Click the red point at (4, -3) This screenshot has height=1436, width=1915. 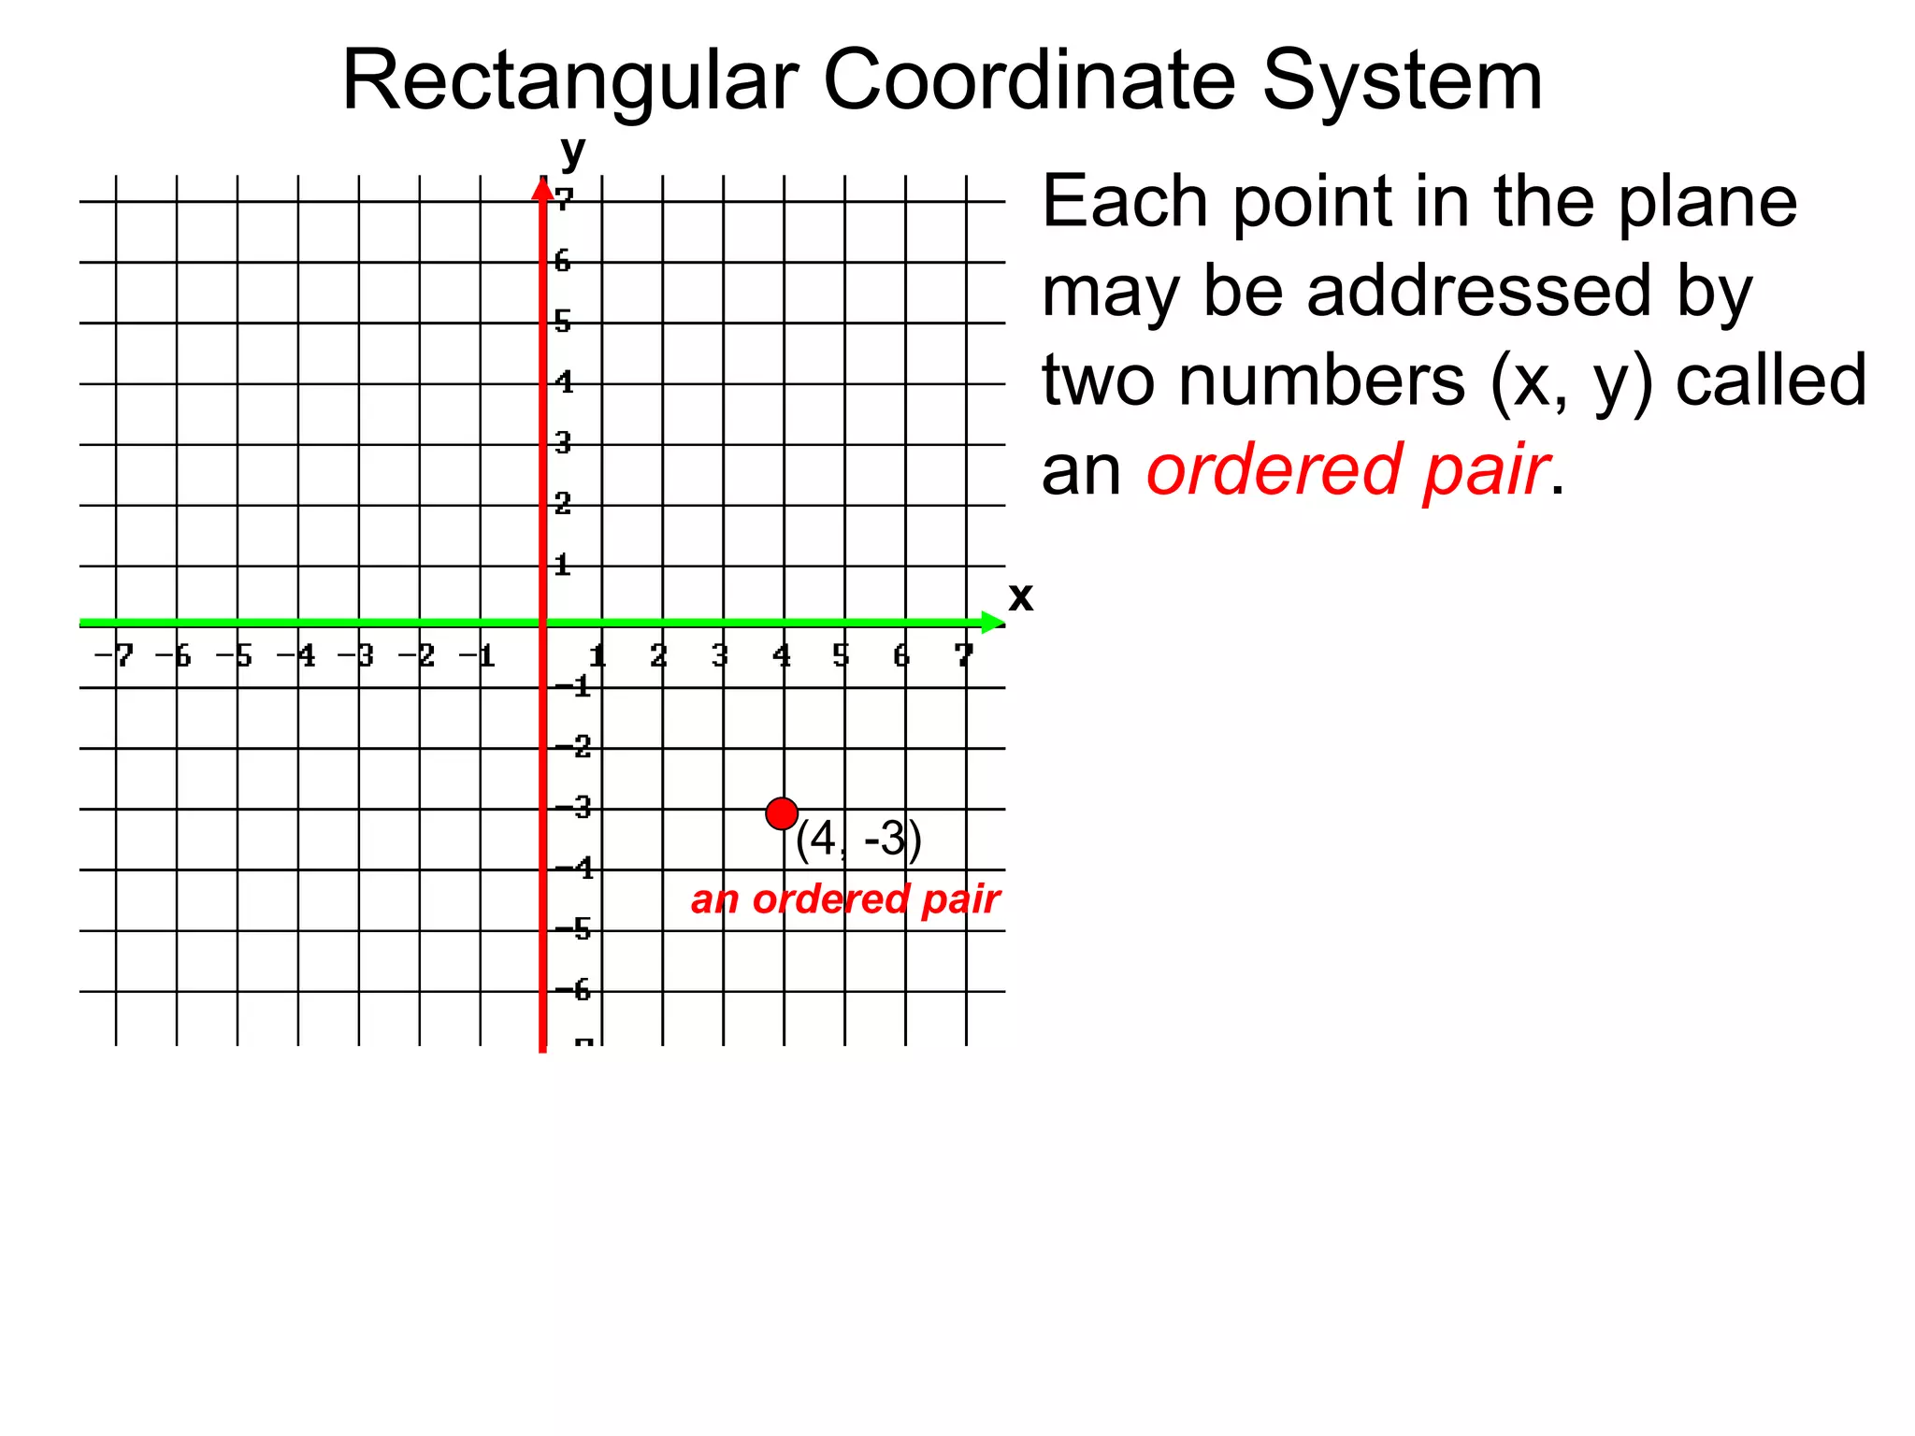(782, 814)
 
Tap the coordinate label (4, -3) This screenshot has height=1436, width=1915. (858, 839)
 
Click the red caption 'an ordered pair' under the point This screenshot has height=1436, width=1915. (845, 899)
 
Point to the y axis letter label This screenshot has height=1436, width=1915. (572, 151)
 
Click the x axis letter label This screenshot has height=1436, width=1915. (1021, 596)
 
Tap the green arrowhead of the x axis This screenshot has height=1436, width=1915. (992, 623)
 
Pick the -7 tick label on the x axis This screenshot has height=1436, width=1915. (115, 655)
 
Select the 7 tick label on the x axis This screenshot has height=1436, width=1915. (964, 655)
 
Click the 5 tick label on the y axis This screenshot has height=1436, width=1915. (562, 322)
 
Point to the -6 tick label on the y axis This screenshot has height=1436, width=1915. (574, 989)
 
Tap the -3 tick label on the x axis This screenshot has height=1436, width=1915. (356, 655)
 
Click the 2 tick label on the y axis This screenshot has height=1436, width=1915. (562, 504)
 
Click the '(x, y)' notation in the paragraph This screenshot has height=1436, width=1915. (1572, 381)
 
